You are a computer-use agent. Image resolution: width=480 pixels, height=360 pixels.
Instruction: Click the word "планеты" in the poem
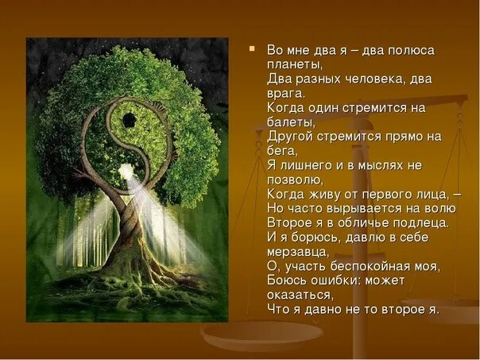pos(294,64)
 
